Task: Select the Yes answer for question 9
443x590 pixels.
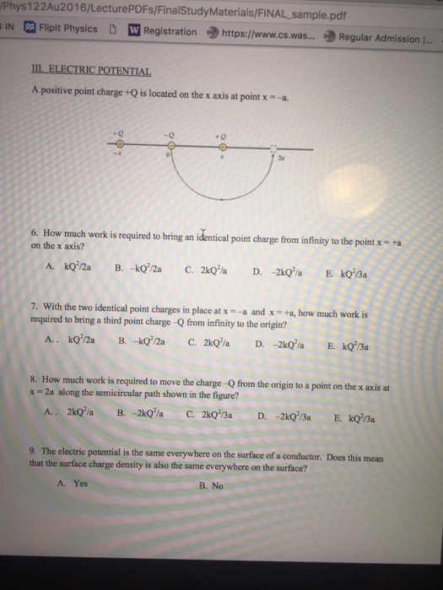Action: point(73,485)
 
